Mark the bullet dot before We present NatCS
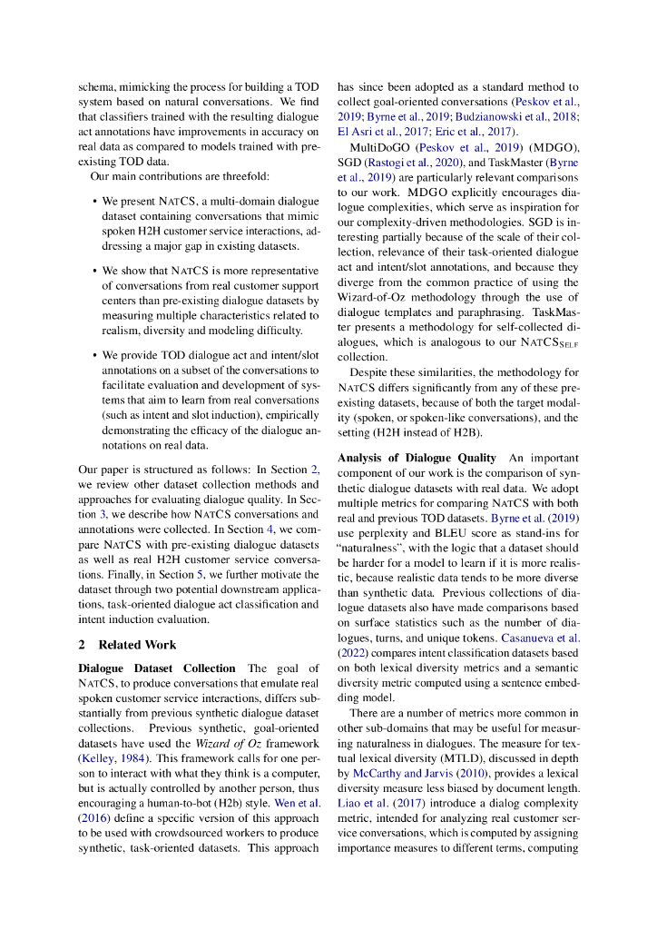95,201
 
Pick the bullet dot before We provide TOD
95,371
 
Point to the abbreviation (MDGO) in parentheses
544,149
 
